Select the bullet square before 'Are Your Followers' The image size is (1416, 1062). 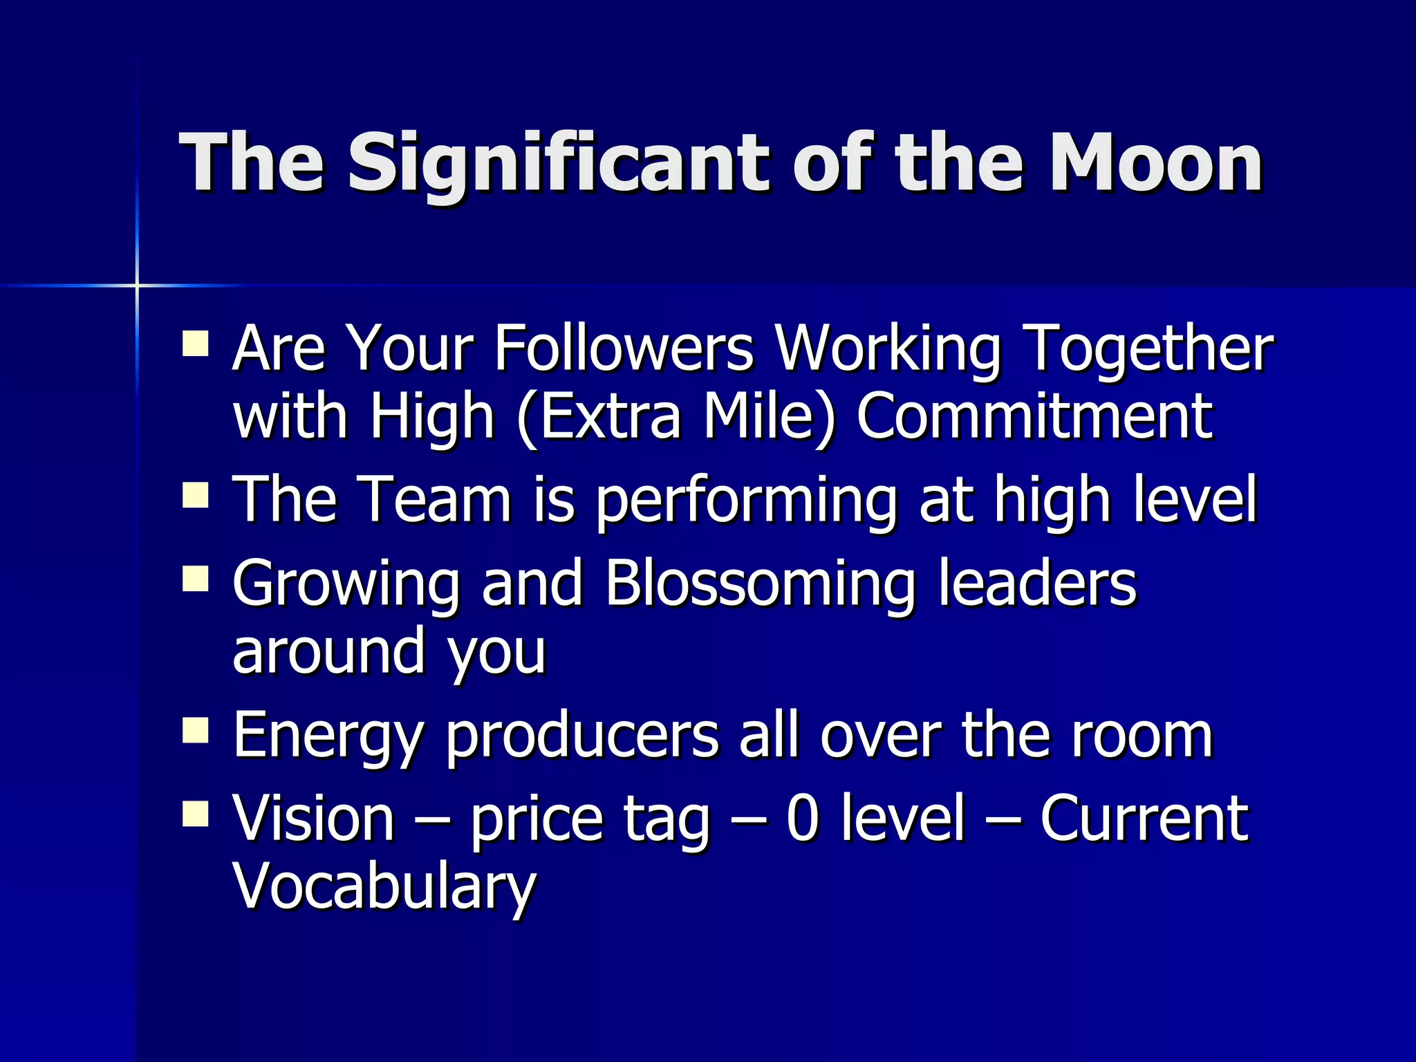coord(196,344)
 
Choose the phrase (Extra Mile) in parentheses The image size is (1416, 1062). coord(676,417)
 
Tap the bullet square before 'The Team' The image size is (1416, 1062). coord(196,496)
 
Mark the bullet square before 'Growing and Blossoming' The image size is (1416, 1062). coord(196,579)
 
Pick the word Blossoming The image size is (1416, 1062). coord(761,585)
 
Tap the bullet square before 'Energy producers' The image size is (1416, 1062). coord(196,730)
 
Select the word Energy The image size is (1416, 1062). coord(327,737)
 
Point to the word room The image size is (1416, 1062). coord(1142,736)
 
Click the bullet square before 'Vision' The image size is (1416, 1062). coord(196,814)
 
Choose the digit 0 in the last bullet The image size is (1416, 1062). coord(802,819)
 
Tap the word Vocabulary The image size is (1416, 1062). coord(384,888)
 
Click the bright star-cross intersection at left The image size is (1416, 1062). coord(137,285)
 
